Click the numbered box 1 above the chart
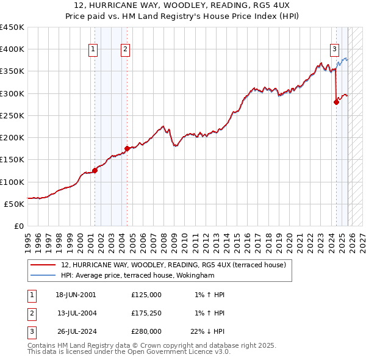tap(93, 50)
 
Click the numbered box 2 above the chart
tap(124, 50)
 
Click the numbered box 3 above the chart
tap(335, 50)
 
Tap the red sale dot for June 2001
tap(95, 170)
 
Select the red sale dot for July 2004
tap(127, 148)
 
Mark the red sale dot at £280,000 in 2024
tap(336, 103)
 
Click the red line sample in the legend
tap(43, 265)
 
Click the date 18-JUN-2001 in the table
tap(76, 295)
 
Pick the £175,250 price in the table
tap(146, 313)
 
